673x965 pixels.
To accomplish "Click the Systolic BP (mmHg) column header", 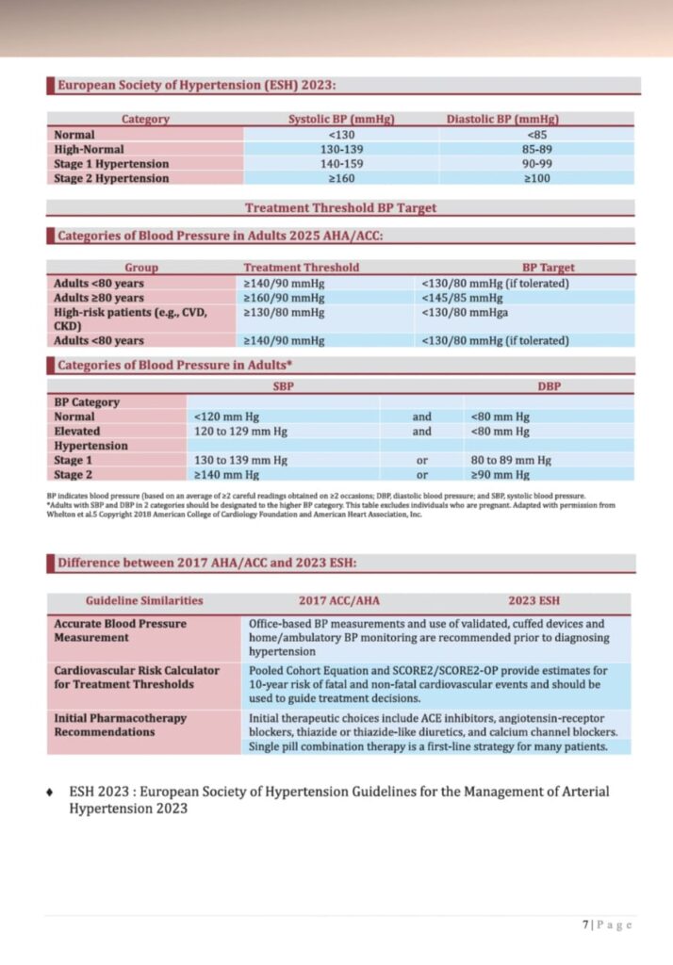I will (340, 120).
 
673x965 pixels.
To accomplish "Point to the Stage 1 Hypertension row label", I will (111, 164).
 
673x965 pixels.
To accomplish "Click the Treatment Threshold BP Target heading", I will (340, 208).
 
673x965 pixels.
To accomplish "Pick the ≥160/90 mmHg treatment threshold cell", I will (284, 298).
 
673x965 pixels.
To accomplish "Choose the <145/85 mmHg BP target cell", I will (461, 298).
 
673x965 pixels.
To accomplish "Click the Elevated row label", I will (76, 432).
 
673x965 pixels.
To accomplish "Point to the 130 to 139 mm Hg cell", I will (240, 461).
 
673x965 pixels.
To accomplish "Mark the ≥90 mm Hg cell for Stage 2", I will (501, 475).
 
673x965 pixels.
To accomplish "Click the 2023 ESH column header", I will (534, 600).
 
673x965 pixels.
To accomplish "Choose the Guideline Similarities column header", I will (144, 600).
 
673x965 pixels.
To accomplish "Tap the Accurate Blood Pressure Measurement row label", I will (120, 630).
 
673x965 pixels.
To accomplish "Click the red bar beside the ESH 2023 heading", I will (50, 86).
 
